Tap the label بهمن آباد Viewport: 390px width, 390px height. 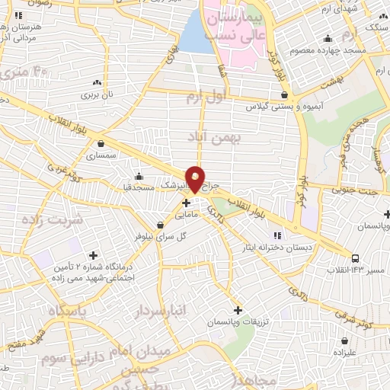point(216,136)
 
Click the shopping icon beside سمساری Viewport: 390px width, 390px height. point(101,142)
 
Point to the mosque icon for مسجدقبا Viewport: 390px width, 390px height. point(139,177)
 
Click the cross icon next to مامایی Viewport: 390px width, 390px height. point(186,203)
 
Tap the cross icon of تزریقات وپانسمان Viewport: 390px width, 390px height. point(238,310)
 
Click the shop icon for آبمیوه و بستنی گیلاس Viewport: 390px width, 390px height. point(284,95)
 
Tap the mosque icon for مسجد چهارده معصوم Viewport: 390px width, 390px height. point(328,39)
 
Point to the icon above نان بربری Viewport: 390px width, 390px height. point(97,82)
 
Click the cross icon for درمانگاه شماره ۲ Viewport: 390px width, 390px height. point(93,255)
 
